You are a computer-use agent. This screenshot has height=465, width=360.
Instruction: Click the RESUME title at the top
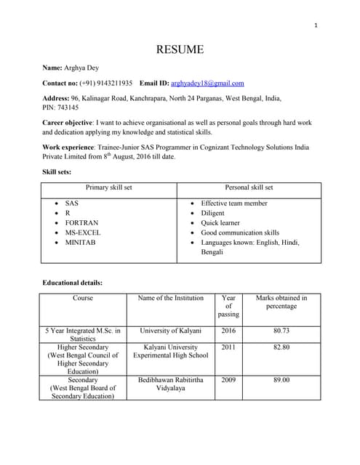(180, 49)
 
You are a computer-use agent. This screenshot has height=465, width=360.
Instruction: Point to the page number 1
(316, 26)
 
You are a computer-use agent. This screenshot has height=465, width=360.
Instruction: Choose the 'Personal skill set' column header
(249, 187)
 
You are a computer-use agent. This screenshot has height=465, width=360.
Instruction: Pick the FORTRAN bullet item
(81, 223)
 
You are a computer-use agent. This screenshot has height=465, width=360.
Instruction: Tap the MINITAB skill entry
(81, 242)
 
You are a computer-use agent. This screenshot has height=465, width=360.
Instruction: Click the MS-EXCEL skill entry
(83, 232)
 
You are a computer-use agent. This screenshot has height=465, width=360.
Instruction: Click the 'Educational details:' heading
(73, 282)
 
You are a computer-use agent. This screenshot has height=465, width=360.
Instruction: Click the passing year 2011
(228, 347)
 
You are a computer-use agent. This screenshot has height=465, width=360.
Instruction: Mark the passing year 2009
(228, 379)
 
